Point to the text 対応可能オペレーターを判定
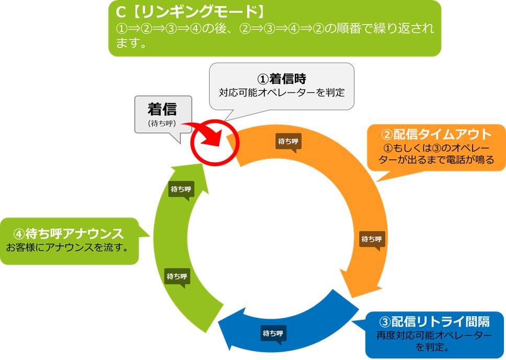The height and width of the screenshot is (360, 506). (282, 94)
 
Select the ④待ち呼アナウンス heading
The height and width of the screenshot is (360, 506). (68, 233)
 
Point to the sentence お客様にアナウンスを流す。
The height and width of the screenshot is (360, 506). (67, 247)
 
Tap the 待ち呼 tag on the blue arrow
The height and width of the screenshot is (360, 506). (273, 333)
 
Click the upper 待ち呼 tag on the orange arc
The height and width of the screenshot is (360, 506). (289, 141)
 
